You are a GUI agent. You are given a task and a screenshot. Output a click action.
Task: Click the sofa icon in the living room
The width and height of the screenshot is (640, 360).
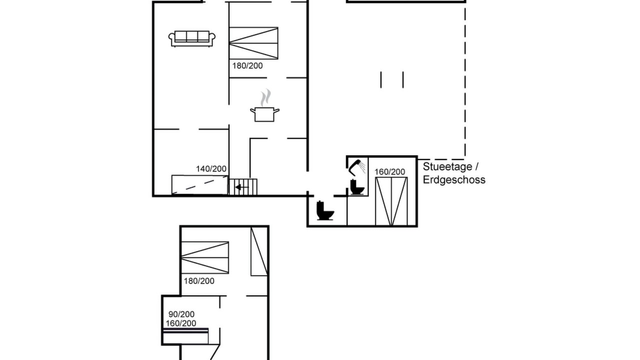pos(191,38)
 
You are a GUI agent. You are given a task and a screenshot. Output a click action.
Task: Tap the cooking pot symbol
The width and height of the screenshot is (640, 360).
pos(265,114)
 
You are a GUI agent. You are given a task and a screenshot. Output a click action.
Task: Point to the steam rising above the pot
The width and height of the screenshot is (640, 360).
pos(265,97)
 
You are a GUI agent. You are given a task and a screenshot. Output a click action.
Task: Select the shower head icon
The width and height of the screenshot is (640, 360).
pos(357,167)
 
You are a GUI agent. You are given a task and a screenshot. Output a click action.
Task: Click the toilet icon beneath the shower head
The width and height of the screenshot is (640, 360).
pos(357,187)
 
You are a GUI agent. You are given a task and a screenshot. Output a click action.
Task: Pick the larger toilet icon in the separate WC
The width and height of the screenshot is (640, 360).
pos(325,210)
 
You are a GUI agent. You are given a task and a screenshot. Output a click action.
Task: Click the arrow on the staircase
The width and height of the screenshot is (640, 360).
pos(241,187)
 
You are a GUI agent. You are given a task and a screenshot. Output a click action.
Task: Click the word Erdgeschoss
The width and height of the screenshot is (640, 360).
pos(454,179)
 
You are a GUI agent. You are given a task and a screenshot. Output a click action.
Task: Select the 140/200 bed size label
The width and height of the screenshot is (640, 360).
pos(211,169)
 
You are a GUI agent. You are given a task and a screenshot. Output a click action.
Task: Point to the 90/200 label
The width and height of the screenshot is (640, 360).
pos(181,314)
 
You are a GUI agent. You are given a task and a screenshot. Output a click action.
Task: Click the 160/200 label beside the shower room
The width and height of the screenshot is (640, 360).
pos(389,171)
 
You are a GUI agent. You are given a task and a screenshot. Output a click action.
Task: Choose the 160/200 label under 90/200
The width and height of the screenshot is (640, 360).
pos(181,323)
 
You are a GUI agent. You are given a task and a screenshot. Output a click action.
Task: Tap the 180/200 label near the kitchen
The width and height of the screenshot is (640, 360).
pos(247,65)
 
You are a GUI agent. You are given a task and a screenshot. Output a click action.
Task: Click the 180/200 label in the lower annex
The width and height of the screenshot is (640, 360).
pos(199,281)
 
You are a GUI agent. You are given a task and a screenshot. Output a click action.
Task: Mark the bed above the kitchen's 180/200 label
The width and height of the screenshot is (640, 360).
pos(253,43)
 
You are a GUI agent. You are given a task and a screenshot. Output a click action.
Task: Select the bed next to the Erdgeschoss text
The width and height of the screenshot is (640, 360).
pos(391,201)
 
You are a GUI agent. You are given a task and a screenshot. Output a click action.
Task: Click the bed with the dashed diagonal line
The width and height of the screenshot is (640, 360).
pos(199,185)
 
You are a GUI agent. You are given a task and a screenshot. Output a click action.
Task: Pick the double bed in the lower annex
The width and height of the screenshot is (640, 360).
pos(205,257)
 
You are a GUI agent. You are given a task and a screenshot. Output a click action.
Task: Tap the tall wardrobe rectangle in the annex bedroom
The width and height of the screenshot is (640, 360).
pos(259,251)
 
